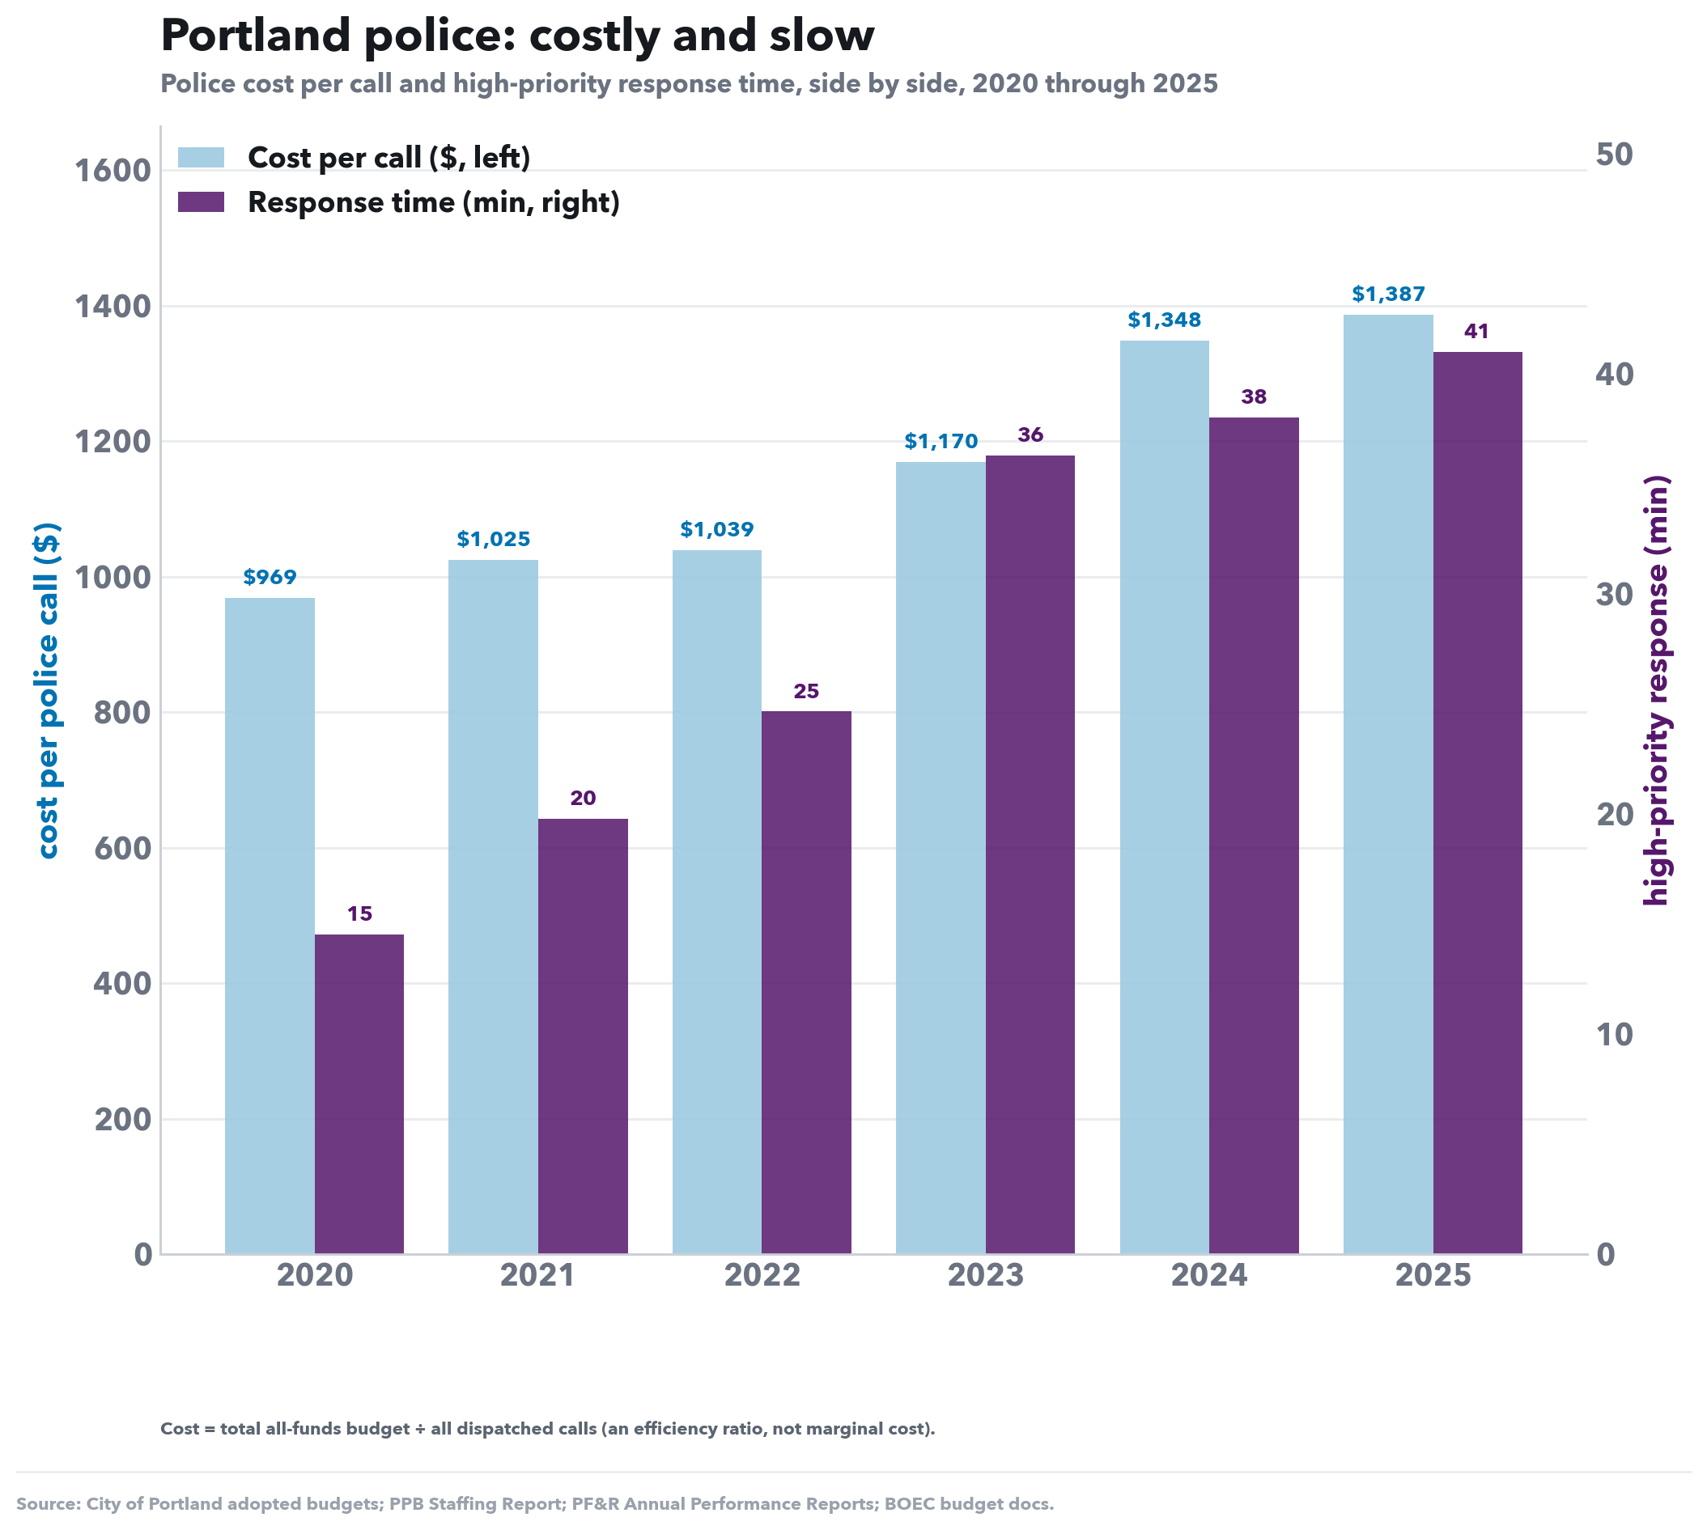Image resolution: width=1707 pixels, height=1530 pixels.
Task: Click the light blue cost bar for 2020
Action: pos(270,926)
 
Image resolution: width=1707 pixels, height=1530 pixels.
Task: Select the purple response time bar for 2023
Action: pos(1030,855)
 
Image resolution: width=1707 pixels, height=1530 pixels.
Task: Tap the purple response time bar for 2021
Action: pos(583,1036)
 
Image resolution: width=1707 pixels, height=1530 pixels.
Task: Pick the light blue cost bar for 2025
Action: pos(1388,784)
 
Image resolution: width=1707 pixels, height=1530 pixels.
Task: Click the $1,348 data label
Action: pos(1165,320)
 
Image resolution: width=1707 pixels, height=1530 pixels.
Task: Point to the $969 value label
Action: pos(270,578)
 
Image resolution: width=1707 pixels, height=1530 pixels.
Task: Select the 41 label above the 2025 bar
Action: pos(1476,331)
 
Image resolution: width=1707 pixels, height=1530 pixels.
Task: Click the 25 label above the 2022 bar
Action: pos(806,691)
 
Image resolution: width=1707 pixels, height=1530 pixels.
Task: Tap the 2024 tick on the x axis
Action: pos(1209,1276)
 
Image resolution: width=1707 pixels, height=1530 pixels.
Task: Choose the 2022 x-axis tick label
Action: pos(762,1276)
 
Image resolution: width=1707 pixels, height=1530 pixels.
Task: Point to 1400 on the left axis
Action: pos(113,307)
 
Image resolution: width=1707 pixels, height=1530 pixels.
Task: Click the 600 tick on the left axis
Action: pos(123,849)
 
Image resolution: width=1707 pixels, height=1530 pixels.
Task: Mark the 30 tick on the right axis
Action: pos(1614,595)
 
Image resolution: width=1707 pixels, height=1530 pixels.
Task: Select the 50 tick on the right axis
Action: pos(1614,154)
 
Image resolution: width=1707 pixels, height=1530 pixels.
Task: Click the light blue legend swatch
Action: pos(201,157)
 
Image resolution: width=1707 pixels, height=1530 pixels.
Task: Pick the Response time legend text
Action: pos(434,202)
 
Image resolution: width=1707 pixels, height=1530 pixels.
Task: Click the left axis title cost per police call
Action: pos(48,691)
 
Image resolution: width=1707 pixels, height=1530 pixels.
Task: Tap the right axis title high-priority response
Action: pos(1656,691)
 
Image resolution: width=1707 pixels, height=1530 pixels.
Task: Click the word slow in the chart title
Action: pos(822,36)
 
